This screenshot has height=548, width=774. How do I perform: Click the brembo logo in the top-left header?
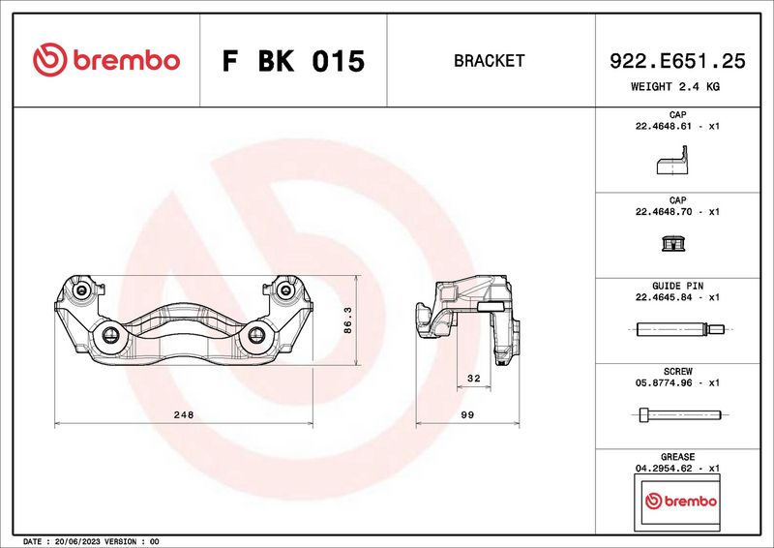[x=106, y=60]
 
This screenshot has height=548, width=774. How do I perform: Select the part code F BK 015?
[x=293, y=61]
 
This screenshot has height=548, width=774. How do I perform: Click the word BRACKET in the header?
[x=490, y=61]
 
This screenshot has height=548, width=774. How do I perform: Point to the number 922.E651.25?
[x=677, y=61]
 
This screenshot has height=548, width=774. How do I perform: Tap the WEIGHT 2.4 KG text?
[x=675, y=86]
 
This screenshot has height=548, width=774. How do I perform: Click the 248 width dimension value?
[x=184, y=414]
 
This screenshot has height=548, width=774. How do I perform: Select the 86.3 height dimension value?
[x=347, y=320]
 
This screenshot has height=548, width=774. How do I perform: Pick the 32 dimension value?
[x=473, y=378]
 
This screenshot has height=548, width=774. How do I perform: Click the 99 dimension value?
[x=467, y=414]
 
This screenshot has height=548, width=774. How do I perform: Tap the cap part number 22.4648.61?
[x=667, y=126]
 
